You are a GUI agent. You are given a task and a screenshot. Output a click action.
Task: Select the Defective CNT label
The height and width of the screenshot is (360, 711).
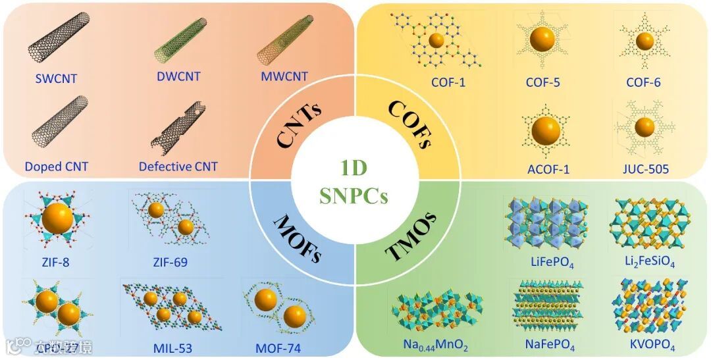[x=178, y=167]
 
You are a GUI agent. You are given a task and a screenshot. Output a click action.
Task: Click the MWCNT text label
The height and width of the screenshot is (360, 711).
[x=284, y=76]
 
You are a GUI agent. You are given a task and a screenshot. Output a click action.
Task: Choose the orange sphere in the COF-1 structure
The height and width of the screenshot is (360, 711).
[x=436, y=40]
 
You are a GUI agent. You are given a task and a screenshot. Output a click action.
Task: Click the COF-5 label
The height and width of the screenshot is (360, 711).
[x=542, y=83]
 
